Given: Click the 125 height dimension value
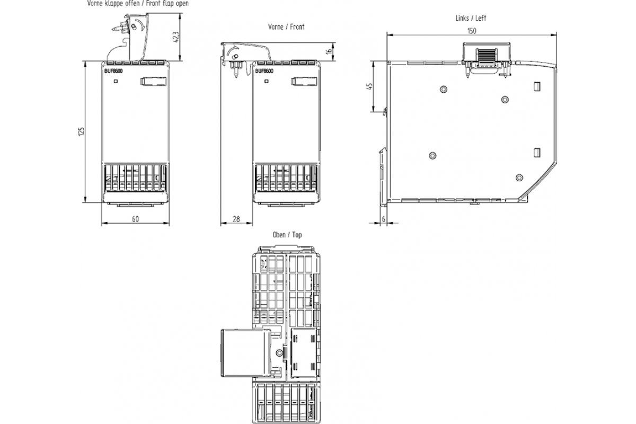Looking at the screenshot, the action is click(x=81, y=131).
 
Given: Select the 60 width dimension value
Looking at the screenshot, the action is click(x=136, y=219).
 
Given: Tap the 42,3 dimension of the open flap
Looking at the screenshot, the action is click(x=176, y=37).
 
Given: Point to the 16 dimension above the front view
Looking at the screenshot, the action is click(x=329, y=51).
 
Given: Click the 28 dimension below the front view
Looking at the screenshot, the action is click(x=236, y=219).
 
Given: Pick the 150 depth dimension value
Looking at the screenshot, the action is click(x=472, y=31).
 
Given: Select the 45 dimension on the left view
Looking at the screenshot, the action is click(x=369, y=86).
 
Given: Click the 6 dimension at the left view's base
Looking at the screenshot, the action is click(x=384, y=219).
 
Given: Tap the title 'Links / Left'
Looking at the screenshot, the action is click(x=471, y=18).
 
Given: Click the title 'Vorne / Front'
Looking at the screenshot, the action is click(x=286, y=27).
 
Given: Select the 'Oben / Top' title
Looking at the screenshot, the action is click(x=287, y=235).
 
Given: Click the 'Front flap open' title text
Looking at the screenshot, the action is click(x=167, y=3).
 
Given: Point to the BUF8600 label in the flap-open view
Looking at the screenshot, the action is click(x=113, y=71).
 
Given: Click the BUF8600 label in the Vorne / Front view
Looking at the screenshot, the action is click(x=264, y=71).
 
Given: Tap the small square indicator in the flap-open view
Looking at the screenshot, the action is click(x=116, y=81).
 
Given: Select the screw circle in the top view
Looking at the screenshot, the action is click(x=279, y=353).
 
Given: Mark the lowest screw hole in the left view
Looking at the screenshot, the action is click(x=519, y=178).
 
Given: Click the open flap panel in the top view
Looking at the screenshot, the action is click(x=244, y=353).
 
